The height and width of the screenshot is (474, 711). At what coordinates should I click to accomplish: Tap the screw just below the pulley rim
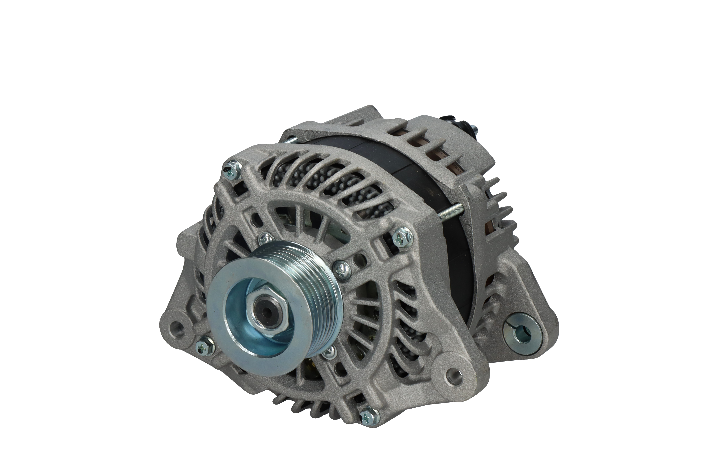click(x=330, y=352)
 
